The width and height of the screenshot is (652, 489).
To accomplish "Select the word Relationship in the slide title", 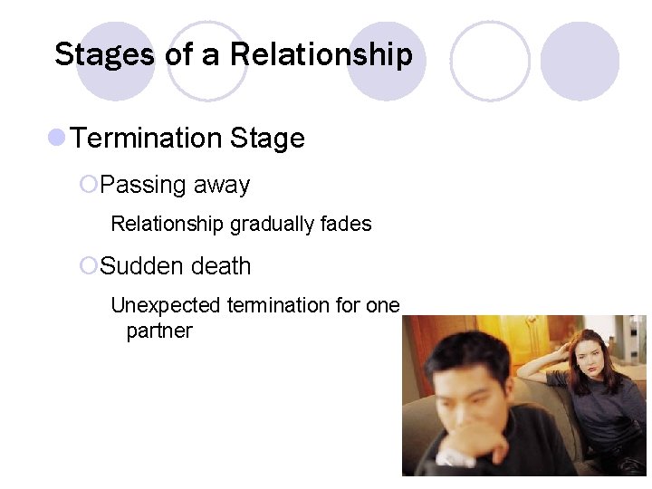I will (321, 54).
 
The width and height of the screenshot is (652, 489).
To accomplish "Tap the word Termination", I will (147, 139).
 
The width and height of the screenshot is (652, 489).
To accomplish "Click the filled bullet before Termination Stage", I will (56, 138).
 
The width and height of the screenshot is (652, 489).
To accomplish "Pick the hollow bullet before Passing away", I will (88, 185).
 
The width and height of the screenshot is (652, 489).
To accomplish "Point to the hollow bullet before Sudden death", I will (88, 266).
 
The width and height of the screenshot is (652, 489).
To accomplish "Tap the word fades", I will (348, 224).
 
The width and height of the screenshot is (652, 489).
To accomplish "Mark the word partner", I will (159, 331).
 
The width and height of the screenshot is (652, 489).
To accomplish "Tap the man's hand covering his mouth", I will (465, 444).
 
